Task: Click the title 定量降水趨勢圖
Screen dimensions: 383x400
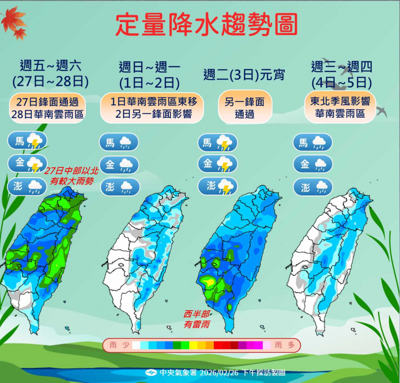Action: pos(206,25)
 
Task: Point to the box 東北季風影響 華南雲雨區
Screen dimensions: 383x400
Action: pos(341,107)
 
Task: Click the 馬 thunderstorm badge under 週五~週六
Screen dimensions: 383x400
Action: pos(27,142)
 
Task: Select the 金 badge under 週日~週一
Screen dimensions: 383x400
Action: pos(119,165)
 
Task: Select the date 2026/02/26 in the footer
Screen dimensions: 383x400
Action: pos(218,373)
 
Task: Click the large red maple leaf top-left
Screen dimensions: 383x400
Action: pos(13,19)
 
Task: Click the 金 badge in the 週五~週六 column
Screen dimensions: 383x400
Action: pos(27,164)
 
